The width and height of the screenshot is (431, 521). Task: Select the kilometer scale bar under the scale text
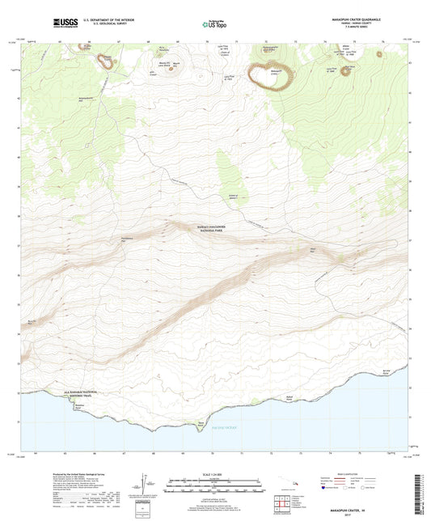(214, 483)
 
